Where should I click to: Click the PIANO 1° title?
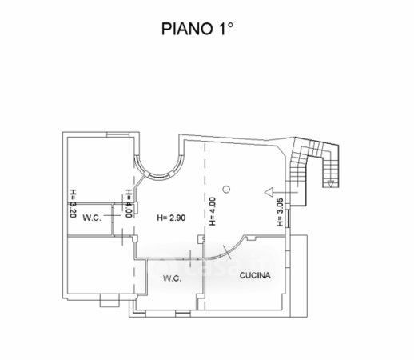[197, 29]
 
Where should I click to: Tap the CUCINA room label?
[255, 275]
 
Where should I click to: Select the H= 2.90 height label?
[171, 218]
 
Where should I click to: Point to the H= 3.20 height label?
[73, 203]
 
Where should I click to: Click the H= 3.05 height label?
[280, 212]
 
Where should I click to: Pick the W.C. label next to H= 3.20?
[92, 218]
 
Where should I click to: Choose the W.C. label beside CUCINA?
[172, 278]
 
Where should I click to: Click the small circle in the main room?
[226, 190]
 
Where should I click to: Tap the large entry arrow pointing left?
[281, 192]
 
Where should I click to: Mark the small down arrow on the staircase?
[331, 183]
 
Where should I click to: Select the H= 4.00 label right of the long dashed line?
[212, 211]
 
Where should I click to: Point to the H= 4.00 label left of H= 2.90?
[129, 203]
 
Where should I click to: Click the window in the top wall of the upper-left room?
[118, 134]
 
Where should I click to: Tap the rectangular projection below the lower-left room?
[109, 300]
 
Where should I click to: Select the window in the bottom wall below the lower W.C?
[183, 314]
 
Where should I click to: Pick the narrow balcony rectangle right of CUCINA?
[299, 276]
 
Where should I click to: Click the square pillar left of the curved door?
[201, 239]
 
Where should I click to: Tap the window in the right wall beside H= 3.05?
[288, 218]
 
